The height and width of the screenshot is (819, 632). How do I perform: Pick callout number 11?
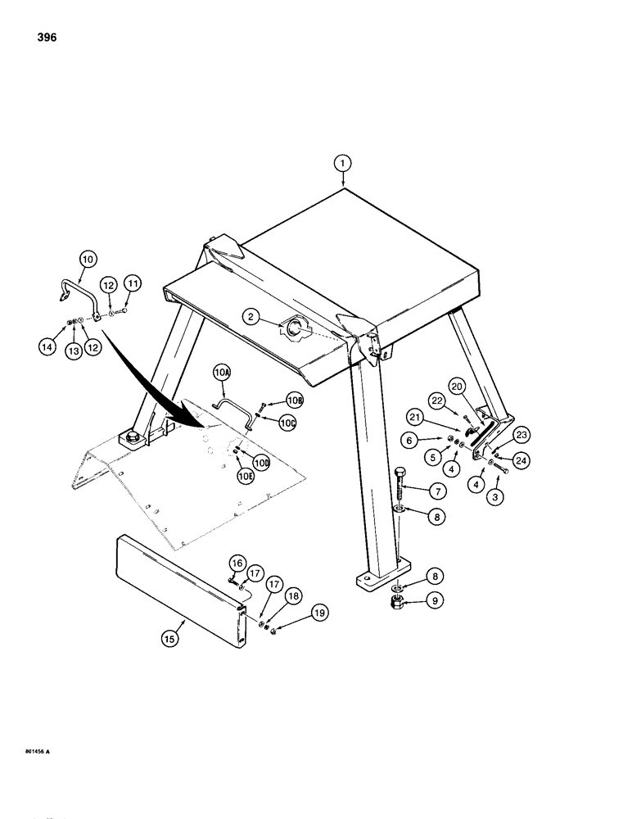tap(133, 283)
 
